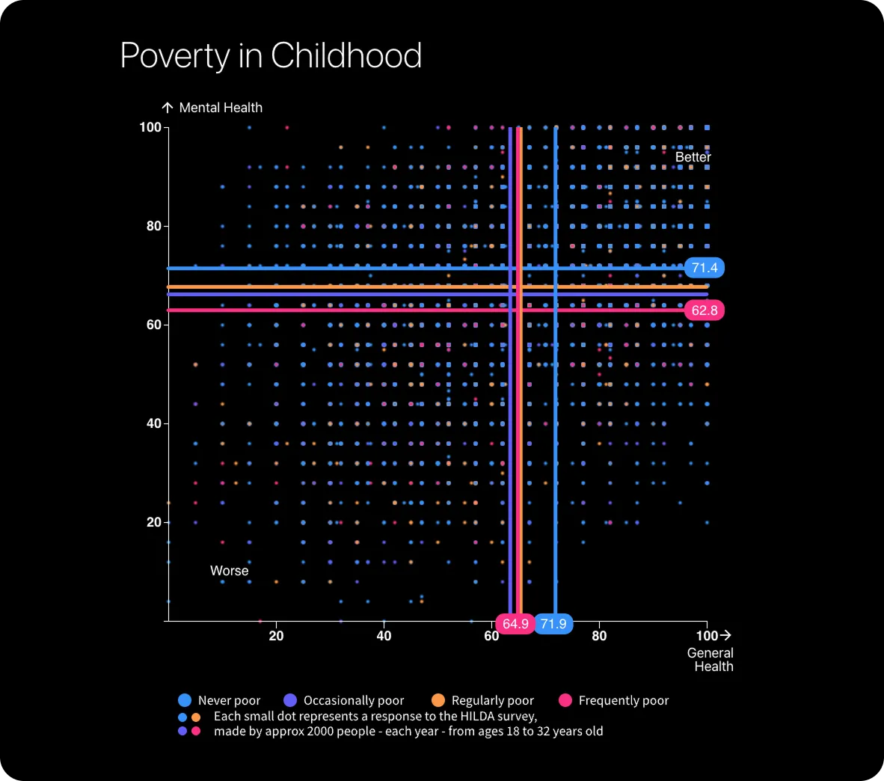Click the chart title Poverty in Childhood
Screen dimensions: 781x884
coord(271,56)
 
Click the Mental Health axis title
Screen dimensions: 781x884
coord(221,108)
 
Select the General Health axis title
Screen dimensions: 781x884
coord(710,660)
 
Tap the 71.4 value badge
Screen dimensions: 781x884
coord(704,268)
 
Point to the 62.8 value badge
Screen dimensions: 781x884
coord(704,310)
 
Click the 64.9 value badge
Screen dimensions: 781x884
coord(515,624)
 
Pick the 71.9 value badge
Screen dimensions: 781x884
coord(553,624)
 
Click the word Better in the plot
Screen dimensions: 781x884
coord(693,157)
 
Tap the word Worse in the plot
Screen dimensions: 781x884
coord(229,571)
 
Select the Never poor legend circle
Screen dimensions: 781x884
coord(185,700)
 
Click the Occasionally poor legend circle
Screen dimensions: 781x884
coord(291,700)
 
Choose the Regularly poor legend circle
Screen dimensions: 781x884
coord(439,700)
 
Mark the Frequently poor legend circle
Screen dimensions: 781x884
coord(565,700)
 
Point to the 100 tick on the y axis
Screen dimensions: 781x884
coord(150,127)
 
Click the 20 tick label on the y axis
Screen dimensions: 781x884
coord(153,522)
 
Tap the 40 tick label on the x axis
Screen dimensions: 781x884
coord(384,636)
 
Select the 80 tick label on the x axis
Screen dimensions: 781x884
coord(599,636)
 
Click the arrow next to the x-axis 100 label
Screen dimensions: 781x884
coord(725,635)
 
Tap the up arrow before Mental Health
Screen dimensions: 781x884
coord(168,108)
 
